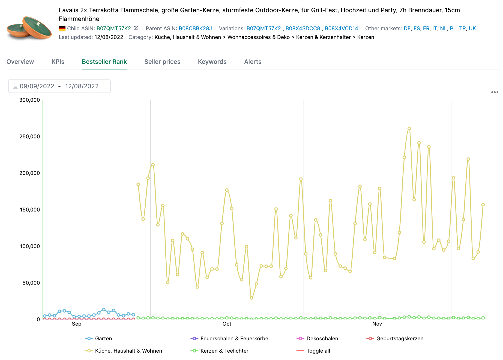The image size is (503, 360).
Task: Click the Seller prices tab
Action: [x=162, y=62]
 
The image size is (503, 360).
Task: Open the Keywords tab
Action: [x=212, y=62]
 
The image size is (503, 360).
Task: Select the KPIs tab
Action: [x=58, y=62]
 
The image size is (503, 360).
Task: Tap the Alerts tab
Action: [x=253, y=62]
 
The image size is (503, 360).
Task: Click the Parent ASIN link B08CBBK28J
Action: [x=195, y=28]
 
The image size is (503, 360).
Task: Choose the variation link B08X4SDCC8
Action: [x=303, y=28]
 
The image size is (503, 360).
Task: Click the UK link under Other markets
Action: [x=472, y=28]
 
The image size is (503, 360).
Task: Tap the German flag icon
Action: [x=62, y=28]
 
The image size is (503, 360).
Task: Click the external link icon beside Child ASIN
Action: [x=136, y=28]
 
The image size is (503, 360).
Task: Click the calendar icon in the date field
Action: [x=16, y=86]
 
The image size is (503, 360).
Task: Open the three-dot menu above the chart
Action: [x=495, y=92]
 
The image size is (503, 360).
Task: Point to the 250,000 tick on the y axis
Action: [x=29, y=137]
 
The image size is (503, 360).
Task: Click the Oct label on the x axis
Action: [x=227, y=324]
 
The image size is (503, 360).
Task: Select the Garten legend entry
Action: [x=103, y=338]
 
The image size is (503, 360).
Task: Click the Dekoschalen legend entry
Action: [x=322, y=338]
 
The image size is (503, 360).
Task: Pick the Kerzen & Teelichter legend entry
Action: [x=224, y=351]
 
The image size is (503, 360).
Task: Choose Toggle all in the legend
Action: [x=318, y=351]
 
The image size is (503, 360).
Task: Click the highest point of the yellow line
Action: [x=409, y=128]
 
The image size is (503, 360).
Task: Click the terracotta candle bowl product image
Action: [x=29, y=28]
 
